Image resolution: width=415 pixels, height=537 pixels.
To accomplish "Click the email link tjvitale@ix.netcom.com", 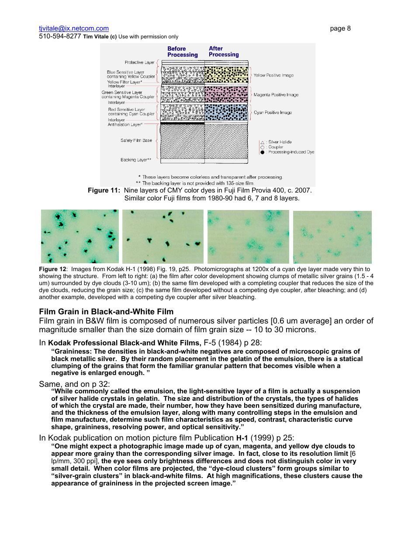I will [x=73, y=28].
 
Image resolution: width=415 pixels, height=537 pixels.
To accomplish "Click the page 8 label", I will [x=340, y=28].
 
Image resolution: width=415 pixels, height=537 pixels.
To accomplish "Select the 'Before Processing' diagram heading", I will [x=182, y=52].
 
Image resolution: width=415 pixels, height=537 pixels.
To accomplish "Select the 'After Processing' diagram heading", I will [x=223, y=52].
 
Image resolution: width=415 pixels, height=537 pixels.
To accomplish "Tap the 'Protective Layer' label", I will [x=140, y=62].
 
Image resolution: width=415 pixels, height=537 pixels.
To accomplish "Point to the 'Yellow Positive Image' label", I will [x=273, y=76].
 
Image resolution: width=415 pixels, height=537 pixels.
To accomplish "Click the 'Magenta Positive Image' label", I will [x=276, y=95].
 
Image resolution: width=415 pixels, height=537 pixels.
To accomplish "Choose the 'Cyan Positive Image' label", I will [x=273, y=113].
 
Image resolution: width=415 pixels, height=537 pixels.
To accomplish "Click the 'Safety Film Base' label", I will [x=136, y=141].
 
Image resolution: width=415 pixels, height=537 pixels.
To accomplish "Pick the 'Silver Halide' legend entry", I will [x=279, y=142].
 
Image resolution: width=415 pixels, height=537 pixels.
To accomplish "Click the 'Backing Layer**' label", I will [x=136, y=160].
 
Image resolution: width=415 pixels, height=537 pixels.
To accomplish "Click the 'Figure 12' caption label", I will [x=52, y=269].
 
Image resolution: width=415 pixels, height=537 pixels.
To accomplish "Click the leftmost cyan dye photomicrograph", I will [x=80, y=236].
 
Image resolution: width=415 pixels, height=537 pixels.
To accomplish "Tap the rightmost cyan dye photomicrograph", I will [x=332, y=237].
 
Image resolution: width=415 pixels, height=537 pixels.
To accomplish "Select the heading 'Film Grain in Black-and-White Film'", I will [x=106, y=312].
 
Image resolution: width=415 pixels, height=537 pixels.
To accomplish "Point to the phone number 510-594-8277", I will [x=60, y=37].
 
